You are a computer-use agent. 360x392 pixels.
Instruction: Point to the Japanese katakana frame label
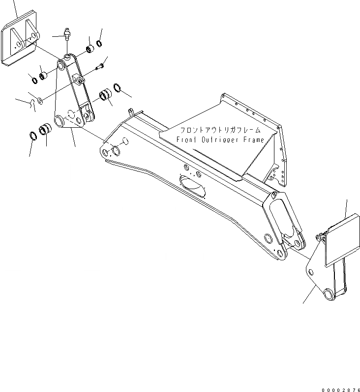coord(224,131)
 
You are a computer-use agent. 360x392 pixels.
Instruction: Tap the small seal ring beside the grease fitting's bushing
coord(99,44)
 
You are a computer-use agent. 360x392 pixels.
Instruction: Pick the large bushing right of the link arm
coord(106,95)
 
